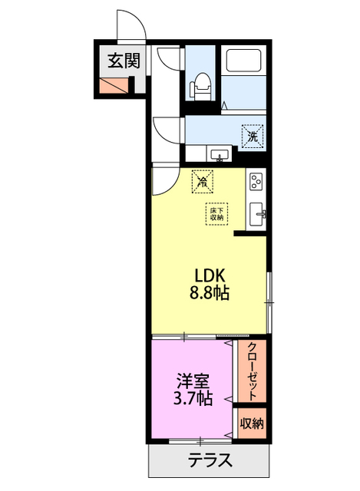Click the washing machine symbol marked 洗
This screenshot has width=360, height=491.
pyautogui.click(x=252, y=136)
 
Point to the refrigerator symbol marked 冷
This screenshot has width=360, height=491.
pyautogui.click(x=202, y=181)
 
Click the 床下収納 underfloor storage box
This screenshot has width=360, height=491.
pyautogui.click(x=217, y=213)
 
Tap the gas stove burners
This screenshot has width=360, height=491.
pyautogui.click(x=256, y=183)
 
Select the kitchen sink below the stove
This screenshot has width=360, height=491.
pyautogui.click(x=257, y=213)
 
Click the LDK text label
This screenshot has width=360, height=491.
pyautogui.click(x=208, y=275)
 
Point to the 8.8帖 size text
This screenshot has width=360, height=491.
pyautogui.click(x=208, y=293)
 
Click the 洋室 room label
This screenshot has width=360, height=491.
pyautogui.click(x=192, y=381)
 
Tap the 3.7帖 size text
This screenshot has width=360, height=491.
pyautogui.click(x=192, y=398)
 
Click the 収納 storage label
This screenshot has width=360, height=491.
pyautogui.click(x=252, y=423)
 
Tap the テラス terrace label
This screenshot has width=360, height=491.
pyautogui.click(x=208, y=463)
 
